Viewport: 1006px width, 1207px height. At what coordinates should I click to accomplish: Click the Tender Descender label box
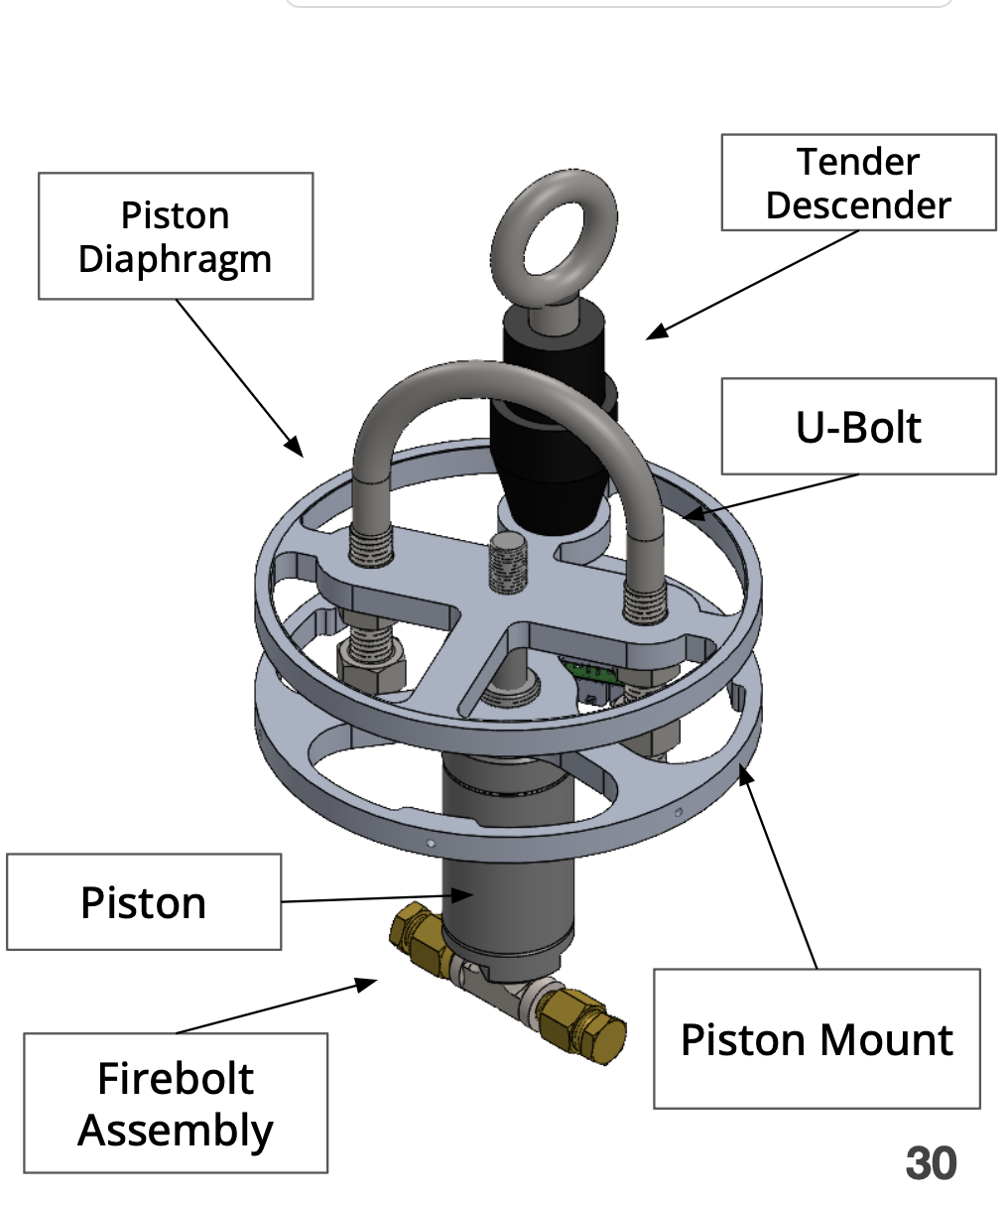click(x=858, y=183)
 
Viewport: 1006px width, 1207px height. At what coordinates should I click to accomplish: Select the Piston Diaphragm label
click(x=175, y=236)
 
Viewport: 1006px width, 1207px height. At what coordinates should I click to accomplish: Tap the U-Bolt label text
click(x=858, y=427)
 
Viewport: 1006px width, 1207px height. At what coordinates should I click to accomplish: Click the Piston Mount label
click(x=817, y=1039)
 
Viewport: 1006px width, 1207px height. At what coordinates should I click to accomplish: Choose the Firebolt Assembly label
click(x=176, y=1104)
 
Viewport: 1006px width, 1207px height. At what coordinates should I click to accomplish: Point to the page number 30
click(x=931, y=1163)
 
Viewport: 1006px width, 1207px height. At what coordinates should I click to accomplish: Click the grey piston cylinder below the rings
click(x=506, y=893)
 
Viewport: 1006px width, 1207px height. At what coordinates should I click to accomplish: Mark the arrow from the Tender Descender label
click(x=754, y=285)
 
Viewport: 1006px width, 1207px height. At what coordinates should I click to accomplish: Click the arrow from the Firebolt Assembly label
click(x=278, y=1006)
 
